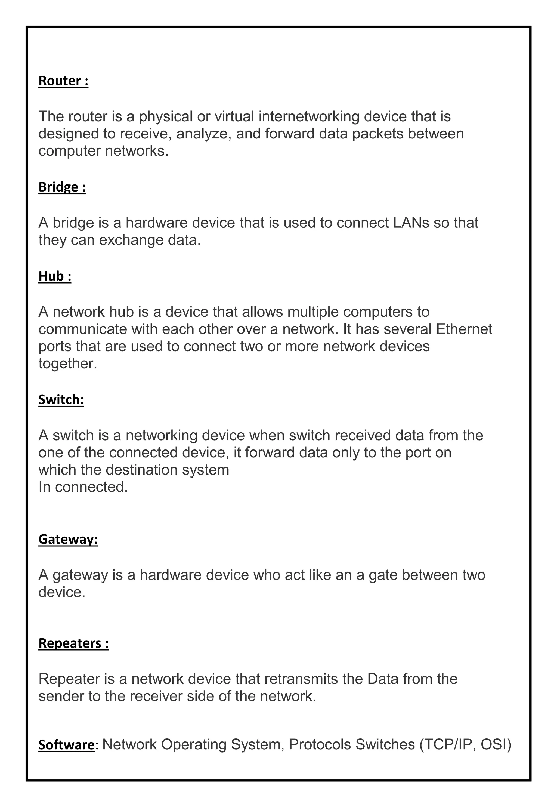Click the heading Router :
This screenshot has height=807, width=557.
tap(63, 81)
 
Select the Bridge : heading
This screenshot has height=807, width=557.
tap(62, 187)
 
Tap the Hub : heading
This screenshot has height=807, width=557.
tap(55, 276)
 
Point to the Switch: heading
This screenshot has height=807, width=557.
tap(61, 400)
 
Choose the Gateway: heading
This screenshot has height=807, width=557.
tap(68, 539)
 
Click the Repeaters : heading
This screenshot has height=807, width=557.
tap(73, 643)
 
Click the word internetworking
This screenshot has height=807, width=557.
tap(309, 116)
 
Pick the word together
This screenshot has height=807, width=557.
tap(67, 364)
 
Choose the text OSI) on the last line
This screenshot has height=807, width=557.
tap(496, 744)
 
